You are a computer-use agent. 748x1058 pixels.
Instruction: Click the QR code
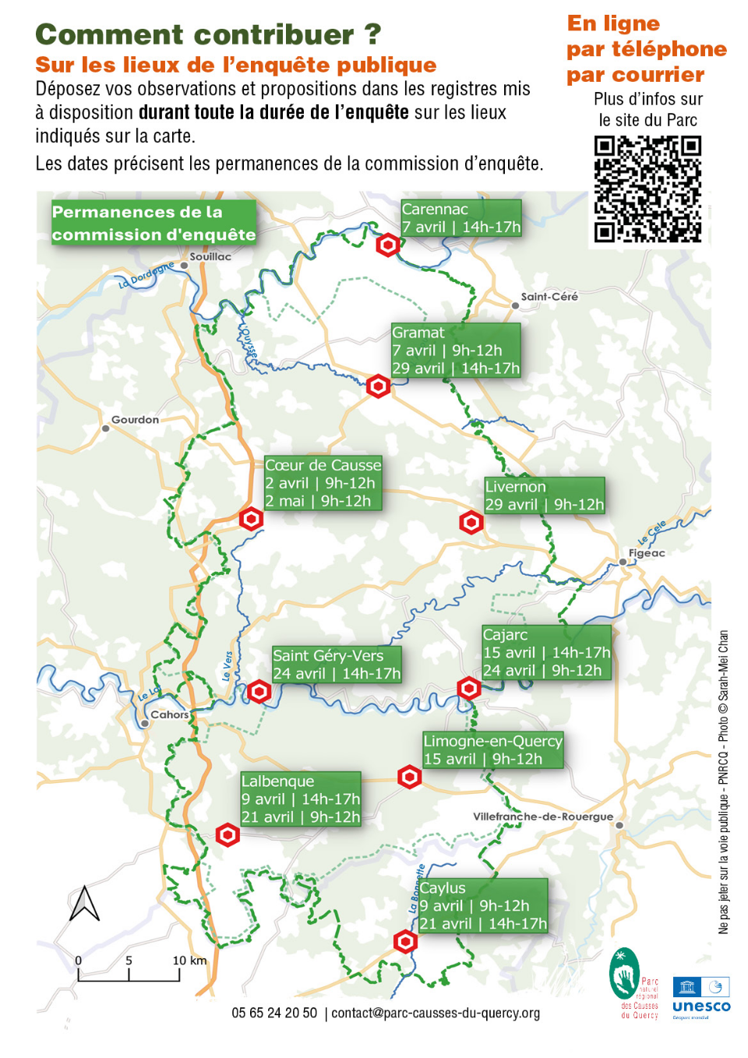coord(647,189)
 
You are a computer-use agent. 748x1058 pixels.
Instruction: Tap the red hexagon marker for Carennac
coord(388,245)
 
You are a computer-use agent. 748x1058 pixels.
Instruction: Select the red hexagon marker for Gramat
coord(378,386)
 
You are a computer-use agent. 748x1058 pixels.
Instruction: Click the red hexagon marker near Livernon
coord(471,522)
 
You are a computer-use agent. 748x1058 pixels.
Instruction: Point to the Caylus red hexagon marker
coord(405,941)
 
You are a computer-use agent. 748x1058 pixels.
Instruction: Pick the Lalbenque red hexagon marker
coord(228,835)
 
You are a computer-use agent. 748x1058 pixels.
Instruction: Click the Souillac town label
coord(210,256)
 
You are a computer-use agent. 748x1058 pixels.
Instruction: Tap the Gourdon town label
coord(135,420)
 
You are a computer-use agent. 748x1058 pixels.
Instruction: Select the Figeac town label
coord(647,553)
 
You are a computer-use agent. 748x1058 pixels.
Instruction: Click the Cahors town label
coord(169,714)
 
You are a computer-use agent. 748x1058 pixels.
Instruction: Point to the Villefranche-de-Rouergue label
coord(543,816)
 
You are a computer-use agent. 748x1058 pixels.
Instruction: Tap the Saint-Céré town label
coord(549,297)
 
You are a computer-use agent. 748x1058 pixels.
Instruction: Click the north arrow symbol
coord(84,904)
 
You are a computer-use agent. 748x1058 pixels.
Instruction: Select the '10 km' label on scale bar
coord(189,961)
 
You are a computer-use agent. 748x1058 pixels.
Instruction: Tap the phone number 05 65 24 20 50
coord(274,1013)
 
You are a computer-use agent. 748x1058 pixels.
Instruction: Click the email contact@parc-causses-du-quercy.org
coord(436,1013)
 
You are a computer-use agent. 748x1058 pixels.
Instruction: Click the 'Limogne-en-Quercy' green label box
coord(492,749)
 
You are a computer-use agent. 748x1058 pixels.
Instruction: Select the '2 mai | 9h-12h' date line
coord(318,501)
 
